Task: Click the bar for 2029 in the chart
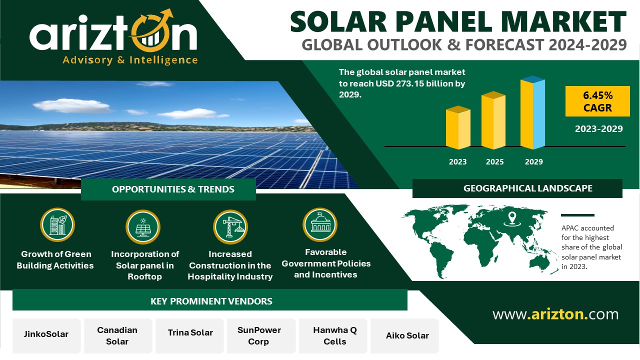point(532,112)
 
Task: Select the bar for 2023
point(458,127)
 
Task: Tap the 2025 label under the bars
point(494,161)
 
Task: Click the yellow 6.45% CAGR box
point(597,101)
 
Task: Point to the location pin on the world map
point(512,219)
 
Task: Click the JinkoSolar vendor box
point(46,335)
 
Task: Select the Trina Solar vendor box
point(189,335)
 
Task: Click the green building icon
point(57,225)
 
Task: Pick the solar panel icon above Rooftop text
point(143,227)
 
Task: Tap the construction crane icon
point(230,227)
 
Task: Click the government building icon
point(320,225)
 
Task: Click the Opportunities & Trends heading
point(173,189)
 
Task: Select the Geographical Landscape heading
point(527,188)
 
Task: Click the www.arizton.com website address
point(555,314)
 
